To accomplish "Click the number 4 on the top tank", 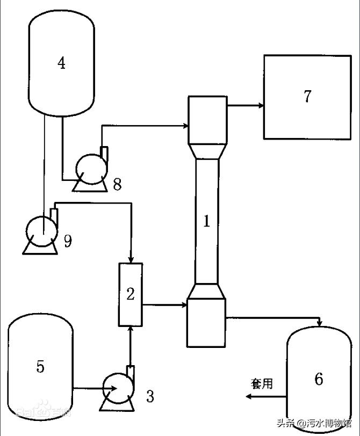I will (x=62, y=63).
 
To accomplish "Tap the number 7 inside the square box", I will (x=307, y=97).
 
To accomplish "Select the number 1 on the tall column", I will (x=206, y=221).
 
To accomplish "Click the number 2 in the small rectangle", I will (x=131, y=294).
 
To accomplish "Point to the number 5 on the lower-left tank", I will (x=40, y=367).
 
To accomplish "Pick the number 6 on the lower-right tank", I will (x=319, y=379).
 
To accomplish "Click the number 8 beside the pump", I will (x=117, y=185).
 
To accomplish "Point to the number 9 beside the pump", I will (x=68, y=241).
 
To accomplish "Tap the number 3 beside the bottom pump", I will (x=150, y=397).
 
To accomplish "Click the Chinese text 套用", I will (x=262, y=383).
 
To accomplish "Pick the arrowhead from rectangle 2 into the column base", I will (x=183, y=305).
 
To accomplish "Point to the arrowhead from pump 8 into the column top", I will (x=184, y=127).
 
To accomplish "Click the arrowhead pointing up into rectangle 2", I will (x=131, y=330).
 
